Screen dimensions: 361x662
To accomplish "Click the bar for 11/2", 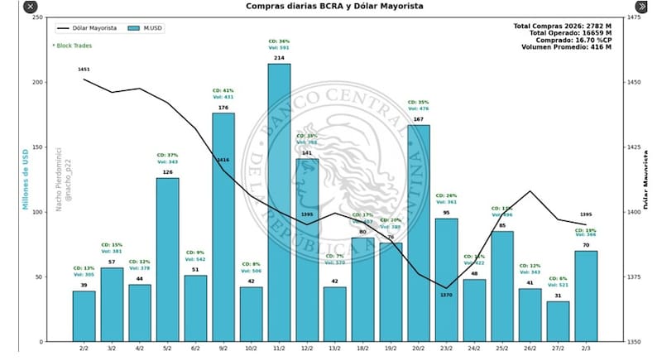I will click(279, 203).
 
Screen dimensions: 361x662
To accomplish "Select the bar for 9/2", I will click(223, 228).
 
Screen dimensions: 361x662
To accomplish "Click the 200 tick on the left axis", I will click(38, 83).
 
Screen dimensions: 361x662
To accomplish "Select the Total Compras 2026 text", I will click(562, 26).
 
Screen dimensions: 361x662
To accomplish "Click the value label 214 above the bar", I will click(279, 58).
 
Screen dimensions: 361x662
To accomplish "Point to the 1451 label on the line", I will click(84, 70).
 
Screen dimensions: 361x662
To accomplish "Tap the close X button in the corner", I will click(30, 7).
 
